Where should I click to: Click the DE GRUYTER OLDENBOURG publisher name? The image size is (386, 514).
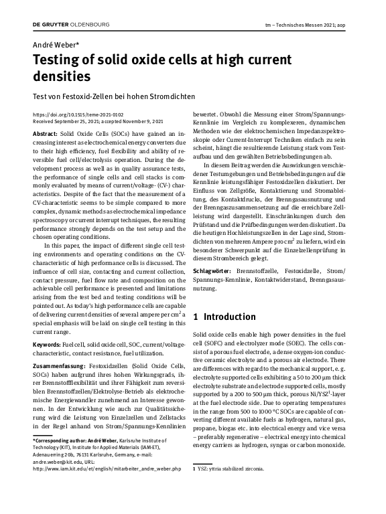pos(71,25)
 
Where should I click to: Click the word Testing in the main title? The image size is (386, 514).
pos(60,61)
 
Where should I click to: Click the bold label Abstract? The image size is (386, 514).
pos(45,135)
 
